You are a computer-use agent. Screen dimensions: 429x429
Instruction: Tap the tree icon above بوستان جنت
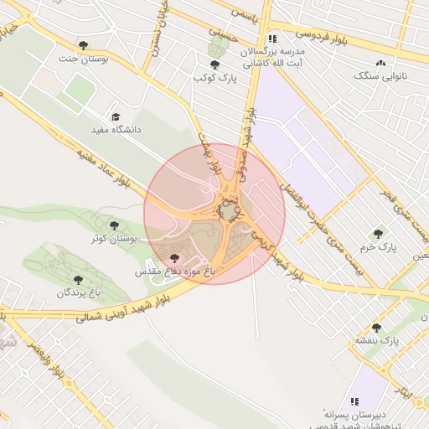point(82,44)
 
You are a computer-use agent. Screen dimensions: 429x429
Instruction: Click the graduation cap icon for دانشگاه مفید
point(116,116)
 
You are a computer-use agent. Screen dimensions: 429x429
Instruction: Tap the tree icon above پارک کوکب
point(214,65)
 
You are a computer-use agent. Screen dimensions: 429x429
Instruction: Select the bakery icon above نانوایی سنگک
point(381,62)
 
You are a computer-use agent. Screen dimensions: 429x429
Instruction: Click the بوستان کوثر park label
point(114,240)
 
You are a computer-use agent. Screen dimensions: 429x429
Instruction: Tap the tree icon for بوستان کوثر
point(114,225)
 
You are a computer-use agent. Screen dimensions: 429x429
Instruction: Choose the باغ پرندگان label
point(78,293)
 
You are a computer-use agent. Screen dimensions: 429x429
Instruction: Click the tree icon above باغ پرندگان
point(78,280)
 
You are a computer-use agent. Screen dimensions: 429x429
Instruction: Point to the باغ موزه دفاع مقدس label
point(177,272)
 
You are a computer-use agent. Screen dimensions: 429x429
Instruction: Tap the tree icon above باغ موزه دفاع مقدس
point(174,259)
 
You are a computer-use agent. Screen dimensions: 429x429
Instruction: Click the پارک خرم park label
point(379,248)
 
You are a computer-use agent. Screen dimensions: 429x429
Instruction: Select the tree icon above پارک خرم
point(378,234)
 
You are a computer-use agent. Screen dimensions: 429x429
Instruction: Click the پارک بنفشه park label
point(376,341)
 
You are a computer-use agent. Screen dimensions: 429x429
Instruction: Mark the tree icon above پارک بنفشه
point(375,327)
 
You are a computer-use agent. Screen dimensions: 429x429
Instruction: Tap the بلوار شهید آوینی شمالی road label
point(117,308)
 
